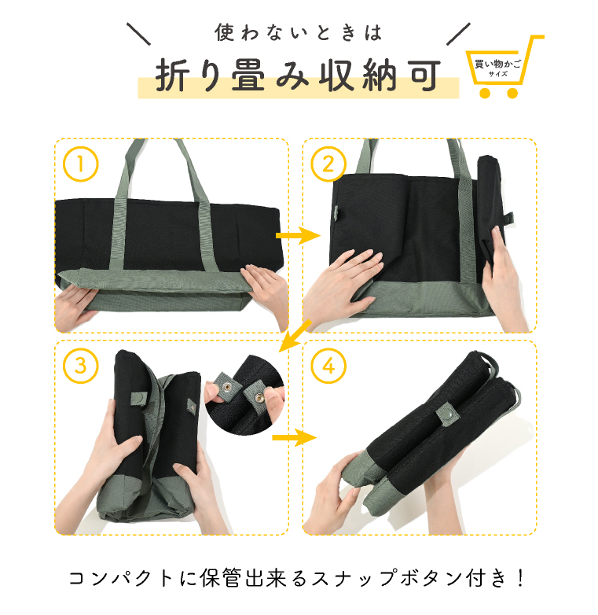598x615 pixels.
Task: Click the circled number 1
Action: click(81, 165)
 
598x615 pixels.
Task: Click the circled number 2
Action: click(328, 165)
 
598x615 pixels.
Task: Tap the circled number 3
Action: click(81, 366)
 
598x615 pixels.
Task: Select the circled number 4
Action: click(328, 366)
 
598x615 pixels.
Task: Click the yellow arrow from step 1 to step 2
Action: click(297, 235)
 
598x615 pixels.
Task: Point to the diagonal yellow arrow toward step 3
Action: click(295, 335)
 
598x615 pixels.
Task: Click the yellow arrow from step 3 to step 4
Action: click(293, 437)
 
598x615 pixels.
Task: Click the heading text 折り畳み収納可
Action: click(297, 77)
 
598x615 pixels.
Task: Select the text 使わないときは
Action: click(298, 33)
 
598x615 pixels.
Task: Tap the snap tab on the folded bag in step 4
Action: click(446, 414)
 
